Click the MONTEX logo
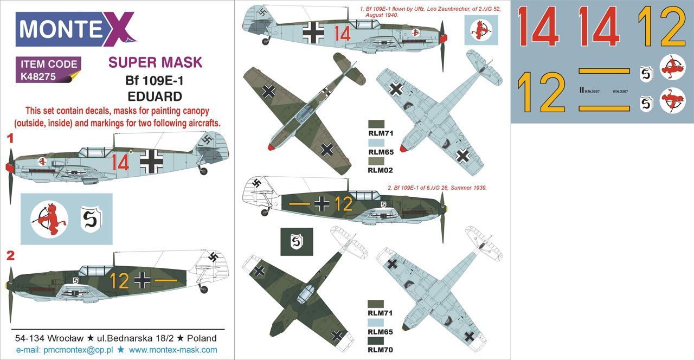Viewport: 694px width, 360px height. (x=76, y=29)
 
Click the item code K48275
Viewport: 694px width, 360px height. (x=38, y=77)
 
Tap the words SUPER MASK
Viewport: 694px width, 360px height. (x=155, y=62)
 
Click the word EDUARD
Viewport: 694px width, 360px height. (x=155, y=97)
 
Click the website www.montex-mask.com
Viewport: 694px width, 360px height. (x=173, y=350)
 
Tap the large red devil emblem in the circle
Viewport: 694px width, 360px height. (x=49, y=220)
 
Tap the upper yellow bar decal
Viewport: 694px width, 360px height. (x=604, y=71)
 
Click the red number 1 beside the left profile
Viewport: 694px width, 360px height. (x=9, y=139)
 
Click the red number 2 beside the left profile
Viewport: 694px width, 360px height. (x=9, y=256)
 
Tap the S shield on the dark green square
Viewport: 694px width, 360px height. (x=296, y=241)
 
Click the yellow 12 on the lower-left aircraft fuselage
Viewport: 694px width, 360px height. (x=119, y=280)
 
